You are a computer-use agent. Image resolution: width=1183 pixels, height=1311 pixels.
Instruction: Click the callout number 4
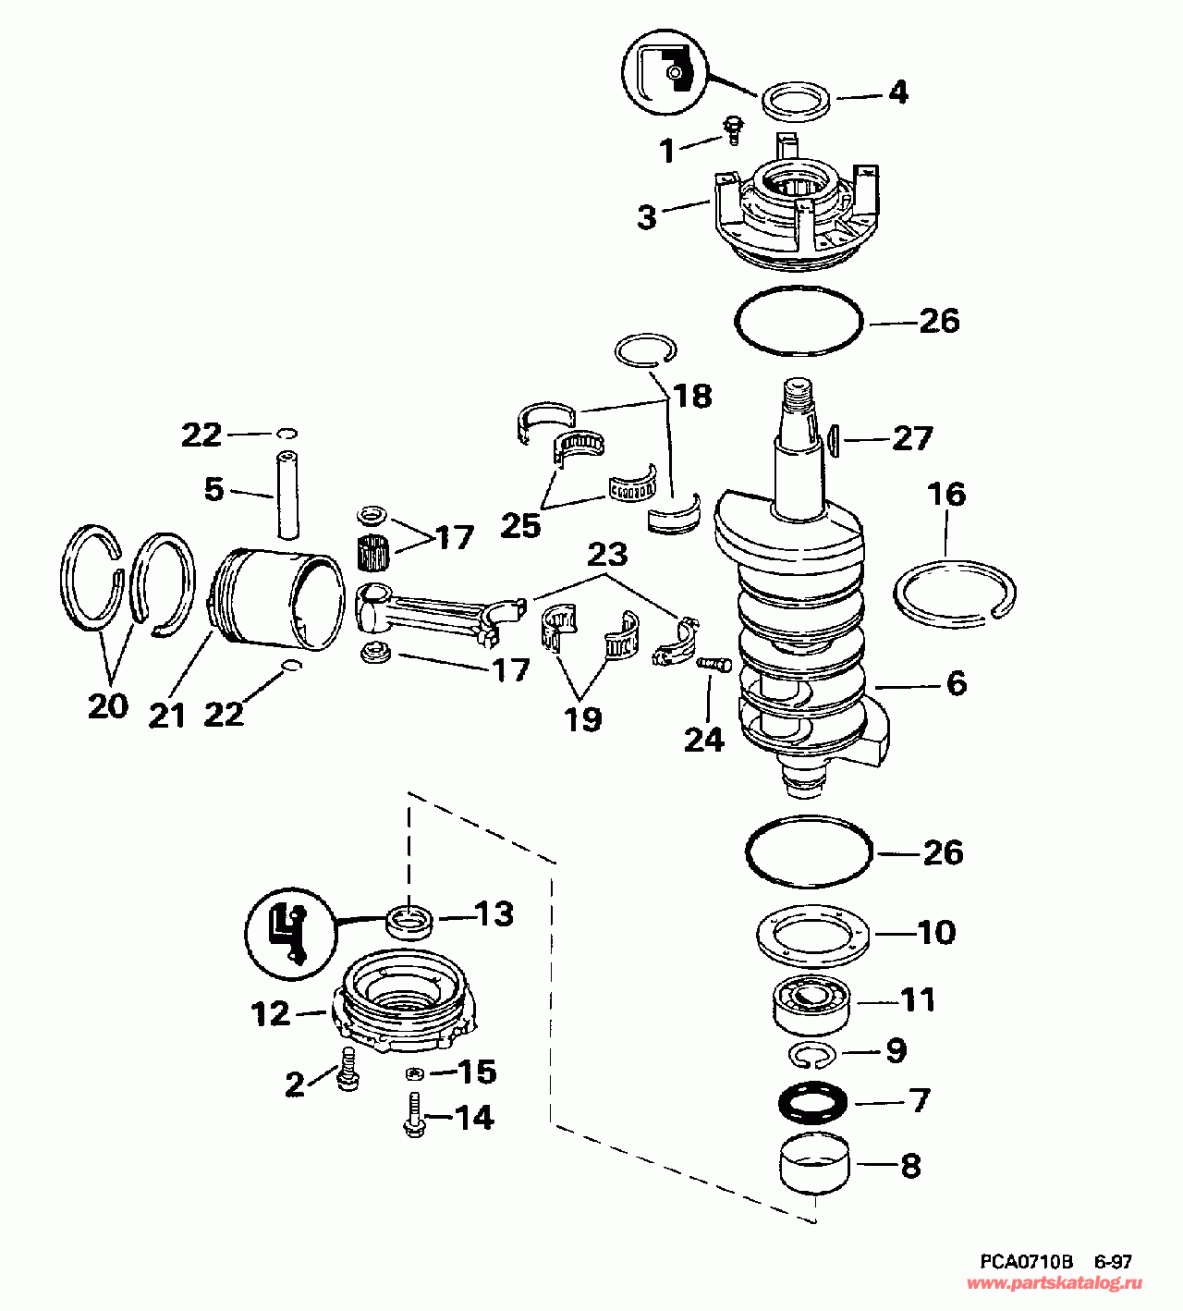coord(897,92)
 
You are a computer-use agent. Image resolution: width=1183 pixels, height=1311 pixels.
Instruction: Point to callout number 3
coord(647,216)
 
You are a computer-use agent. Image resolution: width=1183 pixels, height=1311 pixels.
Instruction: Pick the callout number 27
coord(912,437)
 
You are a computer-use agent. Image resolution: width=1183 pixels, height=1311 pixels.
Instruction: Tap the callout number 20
coord(107,706)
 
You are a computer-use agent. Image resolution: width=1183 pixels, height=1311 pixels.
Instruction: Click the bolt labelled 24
coord(713,664)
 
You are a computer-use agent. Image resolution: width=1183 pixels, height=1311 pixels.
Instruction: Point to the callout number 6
coord(956,683)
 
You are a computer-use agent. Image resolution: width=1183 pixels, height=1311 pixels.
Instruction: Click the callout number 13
coord(494,914)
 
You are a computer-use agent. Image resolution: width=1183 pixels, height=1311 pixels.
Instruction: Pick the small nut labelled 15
coord(416,1073)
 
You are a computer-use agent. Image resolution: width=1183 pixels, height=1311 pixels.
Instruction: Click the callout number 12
coord(272,1014)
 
